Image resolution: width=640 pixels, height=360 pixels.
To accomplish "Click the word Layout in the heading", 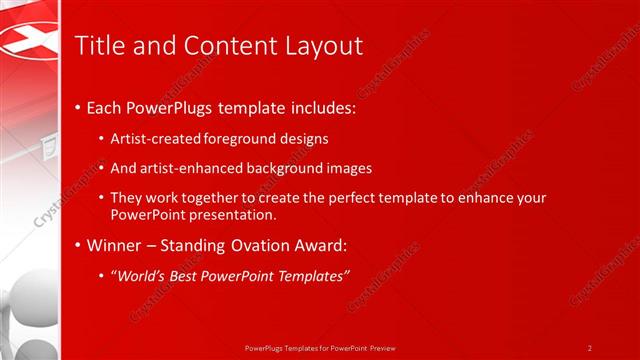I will [x=319, y=45].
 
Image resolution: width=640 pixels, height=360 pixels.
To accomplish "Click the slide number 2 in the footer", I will [x=590, y=348].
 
